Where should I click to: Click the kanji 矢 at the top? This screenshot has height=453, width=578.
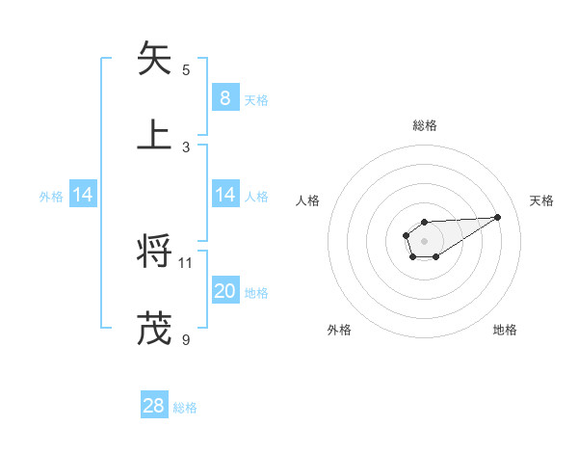154,58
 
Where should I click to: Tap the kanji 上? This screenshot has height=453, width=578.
154,134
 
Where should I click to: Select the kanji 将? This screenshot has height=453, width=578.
154,252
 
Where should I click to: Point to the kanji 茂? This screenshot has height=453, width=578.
154,328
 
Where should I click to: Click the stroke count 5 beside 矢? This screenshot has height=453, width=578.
186,69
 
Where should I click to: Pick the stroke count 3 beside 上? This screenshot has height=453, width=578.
186,147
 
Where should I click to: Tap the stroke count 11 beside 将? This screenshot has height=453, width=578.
186,262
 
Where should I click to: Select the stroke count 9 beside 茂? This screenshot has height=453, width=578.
186,339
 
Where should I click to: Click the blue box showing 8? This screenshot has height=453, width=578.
224,97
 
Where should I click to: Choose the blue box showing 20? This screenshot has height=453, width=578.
224,291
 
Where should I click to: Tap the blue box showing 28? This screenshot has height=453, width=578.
154,406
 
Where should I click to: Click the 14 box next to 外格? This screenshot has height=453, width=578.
83,195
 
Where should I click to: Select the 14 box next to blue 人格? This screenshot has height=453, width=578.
224,195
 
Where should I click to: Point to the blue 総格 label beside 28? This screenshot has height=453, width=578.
185,408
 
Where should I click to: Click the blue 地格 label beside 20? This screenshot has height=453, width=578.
256,293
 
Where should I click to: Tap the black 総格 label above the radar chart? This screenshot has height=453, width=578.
424,125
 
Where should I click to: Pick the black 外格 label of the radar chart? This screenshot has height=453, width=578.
339,330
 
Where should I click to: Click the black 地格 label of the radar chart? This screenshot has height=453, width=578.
505,330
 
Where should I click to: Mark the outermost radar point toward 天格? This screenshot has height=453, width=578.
498,216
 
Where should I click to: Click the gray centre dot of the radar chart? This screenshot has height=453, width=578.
424,240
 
